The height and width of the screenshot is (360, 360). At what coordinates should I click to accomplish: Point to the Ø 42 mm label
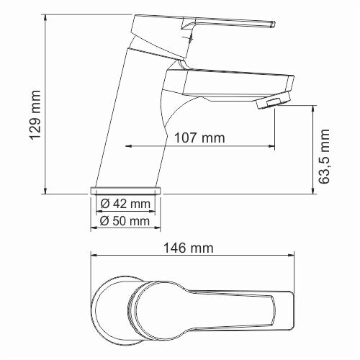[125, 204]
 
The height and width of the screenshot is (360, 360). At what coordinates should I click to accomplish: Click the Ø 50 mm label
[125, 221]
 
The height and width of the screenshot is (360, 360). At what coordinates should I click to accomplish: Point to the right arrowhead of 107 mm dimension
[272, 147]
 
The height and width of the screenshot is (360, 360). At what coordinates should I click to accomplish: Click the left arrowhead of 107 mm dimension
[130, 147]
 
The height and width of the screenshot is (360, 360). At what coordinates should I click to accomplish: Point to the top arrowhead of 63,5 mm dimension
[313, 109]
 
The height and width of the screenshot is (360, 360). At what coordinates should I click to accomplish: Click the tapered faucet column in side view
[130, 122]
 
